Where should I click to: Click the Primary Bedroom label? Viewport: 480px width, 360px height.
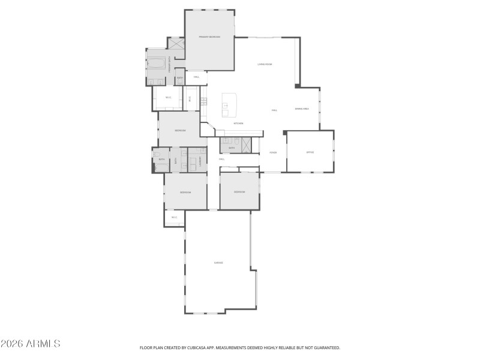coord(209,37)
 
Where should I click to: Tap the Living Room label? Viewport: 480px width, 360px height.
coord(265,64)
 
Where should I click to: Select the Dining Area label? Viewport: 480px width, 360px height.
coord(302,109)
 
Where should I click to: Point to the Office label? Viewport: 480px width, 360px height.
coord(310,152)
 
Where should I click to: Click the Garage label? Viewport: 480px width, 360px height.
coord(218,263)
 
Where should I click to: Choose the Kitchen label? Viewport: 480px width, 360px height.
coord(238,124)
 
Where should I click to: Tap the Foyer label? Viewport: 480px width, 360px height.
coord(273,152)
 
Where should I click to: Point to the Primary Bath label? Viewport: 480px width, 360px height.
coord(170,64)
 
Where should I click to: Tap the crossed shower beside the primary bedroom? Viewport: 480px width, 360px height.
coord(176,43)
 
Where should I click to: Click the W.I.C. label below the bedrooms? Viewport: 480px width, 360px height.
coord(174,217)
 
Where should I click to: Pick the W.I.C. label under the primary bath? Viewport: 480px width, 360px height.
coord(169,97)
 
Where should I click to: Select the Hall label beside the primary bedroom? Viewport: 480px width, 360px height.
coord(196,77)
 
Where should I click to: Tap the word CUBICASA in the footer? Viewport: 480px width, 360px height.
coord(203,347)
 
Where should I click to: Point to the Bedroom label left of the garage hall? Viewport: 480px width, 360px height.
coord(185,192)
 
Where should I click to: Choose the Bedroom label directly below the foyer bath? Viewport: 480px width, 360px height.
coord(239,192)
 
